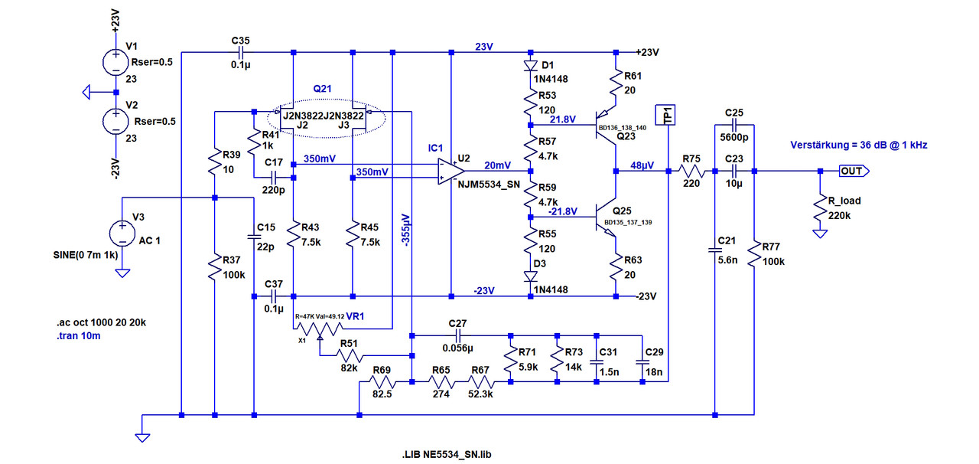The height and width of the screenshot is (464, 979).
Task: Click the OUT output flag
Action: point(854,172)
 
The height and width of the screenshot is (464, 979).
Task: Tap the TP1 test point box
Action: point(665,115)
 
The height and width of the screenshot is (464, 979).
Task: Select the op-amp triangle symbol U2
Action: point(451,172)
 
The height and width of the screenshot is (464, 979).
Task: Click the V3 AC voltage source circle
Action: point(122,234)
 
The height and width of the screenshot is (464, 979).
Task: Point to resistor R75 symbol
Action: point(692,172)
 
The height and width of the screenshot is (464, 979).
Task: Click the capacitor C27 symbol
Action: point(457,335)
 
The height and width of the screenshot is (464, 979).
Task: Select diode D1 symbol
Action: point(530,66)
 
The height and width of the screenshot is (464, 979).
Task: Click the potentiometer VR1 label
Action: point(355,316)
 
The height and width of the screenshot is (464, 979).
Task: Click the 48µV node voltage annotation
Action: point(642,165)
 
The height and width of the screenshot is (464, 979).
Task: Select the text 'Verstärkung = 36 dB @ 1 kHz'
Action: point(858,145)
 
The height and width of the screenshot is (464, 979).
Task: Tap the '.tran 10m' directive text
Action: point(79,335)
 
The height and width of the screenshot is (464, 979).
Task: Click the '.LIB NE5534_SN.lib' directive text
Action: point(446,454)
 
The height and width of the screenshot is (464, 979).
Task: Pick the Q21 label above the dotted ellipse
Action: point(322,89)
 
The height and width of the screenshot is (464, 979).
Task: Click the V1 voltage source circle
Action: point(115,62)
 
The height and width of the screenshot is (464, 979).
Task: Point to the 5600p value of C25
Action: point(733,138)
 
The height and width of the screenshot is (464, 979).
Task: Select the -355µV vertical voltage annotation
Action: point(405,230)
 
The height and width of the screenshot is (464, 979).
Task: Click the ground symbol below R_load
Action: point(820,234)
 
